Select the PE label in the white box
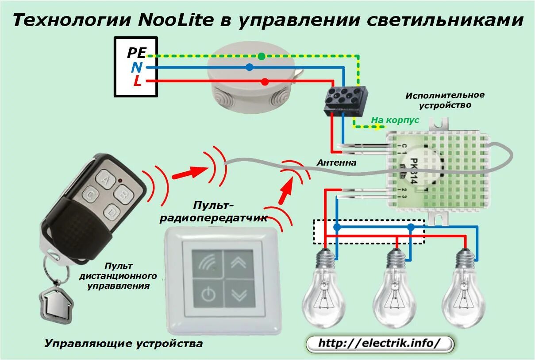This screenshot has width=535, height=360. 136,53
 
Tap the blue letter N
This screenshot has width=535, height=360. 137,67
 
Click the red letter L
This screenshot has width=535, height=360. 138,81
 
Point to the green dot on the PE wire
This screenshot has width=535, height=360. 262,56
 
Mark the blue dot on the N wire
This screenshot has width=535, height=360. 250,67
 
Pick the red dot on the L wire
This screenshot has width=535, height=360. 265,81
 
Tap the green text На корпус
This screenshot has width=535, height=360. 395,120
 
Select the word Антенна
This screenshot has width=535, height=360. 336,163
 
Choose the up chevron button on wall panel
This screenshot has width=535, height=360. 239,263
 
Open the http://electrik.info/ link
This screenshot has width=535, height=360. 379,344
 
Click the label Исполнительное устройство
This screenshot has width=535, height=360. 445,100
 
